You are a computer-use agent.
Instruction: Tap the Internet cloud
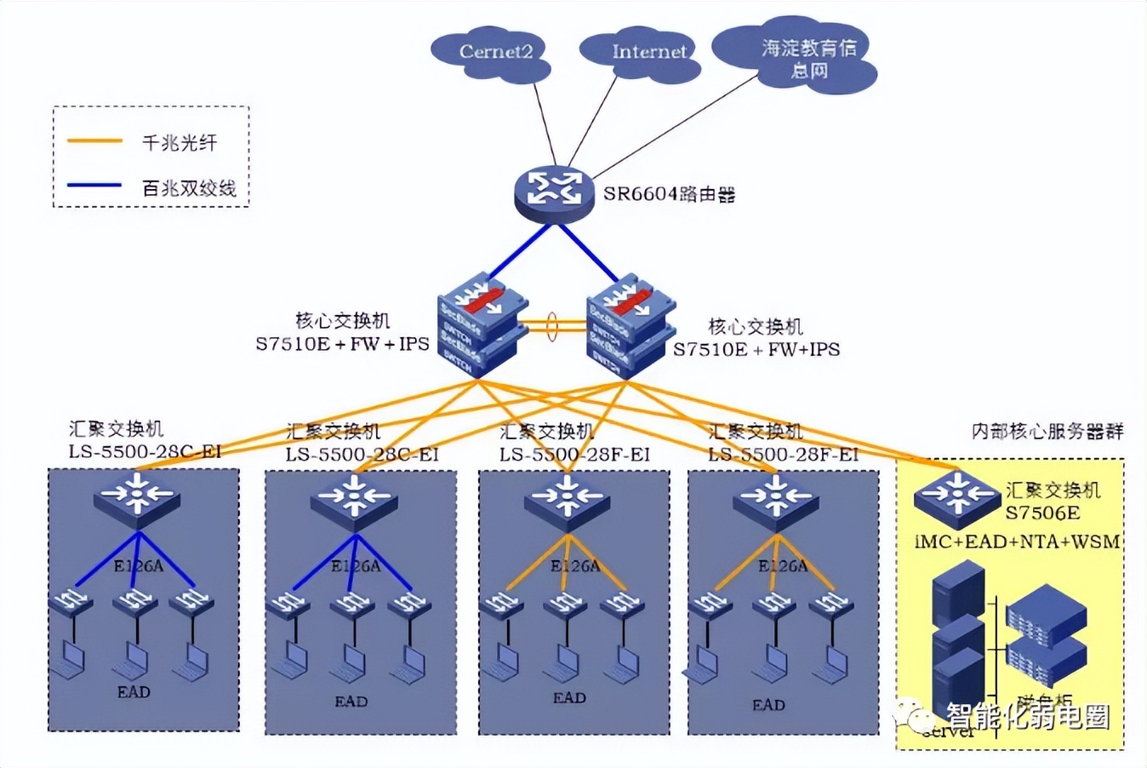point(643,54)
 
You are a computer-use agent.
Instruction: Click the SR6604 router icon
point(554,192)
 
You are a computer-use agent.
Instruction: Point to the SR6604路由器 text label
point(669,195)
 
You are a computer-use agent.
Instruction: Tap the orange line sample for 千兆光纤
point(95,141)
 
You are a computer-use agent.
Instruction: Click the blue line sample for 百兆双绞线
point(95,185)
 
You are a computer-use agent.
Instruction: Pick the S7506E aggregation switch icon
point(956,497)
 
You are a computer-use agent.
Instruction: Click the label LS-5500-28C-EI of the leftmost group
point(145,452)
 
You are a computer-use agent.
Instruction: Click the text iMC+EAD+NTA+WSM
point(1017,542)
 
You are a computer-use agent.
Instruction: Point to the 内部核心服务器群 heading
point(1047,432)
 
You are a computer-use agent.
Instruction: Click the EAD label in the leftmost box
point(134,692)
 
